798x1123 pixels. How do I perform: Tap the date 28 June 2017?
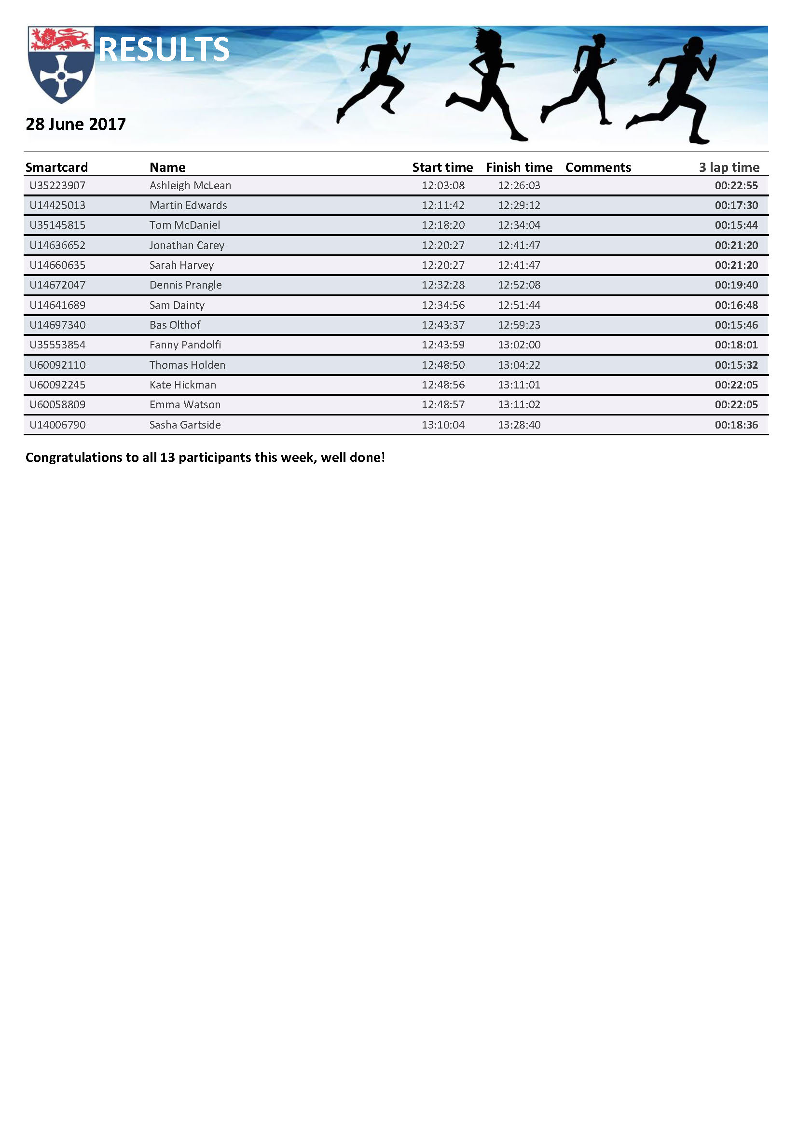76,124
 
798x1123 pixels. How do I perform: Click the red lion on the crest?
61,39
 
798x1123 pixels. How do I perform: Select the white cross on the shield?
61,76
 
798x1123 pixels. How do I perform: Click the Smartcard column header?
56,167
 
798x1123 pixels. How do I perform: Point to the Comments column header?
598,167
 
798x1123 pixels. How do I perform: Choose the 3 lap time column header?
729,167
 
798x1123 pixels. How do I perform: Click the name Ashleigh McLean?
190,186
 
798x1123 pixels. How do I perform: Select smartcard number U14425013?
57,206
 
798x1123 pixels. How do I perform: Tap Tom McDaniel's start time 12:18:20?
443,225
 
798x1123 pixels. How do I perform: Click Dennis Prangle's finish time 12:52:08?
519,285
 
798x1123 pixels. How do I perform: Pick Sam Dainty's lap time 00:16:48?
736,305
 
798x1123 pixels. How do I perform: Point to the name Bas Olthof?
175,325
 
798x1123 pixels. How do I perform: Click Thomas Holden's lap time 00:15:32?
736,365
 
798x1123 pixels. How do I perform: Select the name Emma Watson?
185,405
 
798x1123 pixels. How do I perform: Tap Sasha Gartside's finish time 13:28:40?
519,425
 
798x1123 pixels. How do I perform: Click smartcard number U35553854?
57,345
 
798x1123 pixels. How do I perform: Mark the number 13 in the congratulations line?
167,458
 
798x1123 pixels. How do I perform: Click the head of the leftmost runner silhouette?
392,38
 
